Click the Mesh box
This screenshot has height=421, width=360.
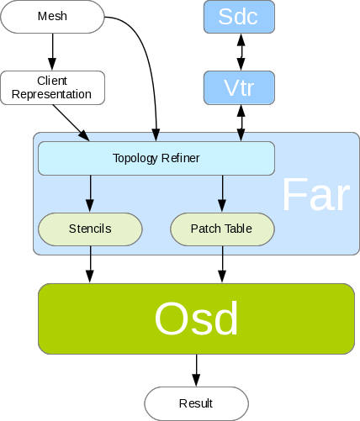coord(52,17)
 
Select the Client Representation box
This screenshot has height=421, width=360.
coord(53,87)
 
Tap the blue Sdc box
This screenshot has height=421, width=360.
coord(239,17)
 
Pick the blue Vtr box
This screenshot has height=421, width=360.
coord(239,87)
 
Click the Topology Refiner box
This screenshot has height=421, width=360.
coord(156,158)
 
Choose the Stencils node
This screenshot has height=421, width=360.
coord(90,229)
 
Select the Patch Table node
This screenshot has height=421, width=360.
coord(222,229)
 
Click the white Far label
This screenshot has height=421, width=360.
coord(316,195)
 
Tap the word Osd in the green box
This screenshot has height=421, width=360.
coord(196,318)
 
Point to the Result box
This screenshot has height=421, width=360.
coord(196,403)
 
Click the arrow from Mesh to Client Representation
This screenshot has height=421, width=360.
coord(52,52)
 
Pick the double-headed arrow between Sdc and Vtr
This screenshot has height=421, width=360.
coord(241,52)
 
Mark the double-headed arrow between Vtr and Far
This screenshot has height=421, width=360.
coord(241,123)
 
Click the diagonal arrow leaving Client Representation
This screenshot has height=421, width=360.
coord(71,123)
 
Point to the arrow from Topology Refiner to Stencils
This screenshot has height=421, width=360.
coord(90,193)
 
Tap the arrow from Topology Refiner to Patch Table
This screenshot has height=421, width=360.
coord(222,193)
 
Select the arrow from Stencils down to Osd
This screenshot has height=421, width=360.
coord(90,265)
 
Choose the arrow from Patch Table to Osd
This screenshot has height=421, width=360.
coord(222,265)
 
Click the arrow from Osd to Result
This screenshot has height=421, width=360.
coord(196,371)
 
